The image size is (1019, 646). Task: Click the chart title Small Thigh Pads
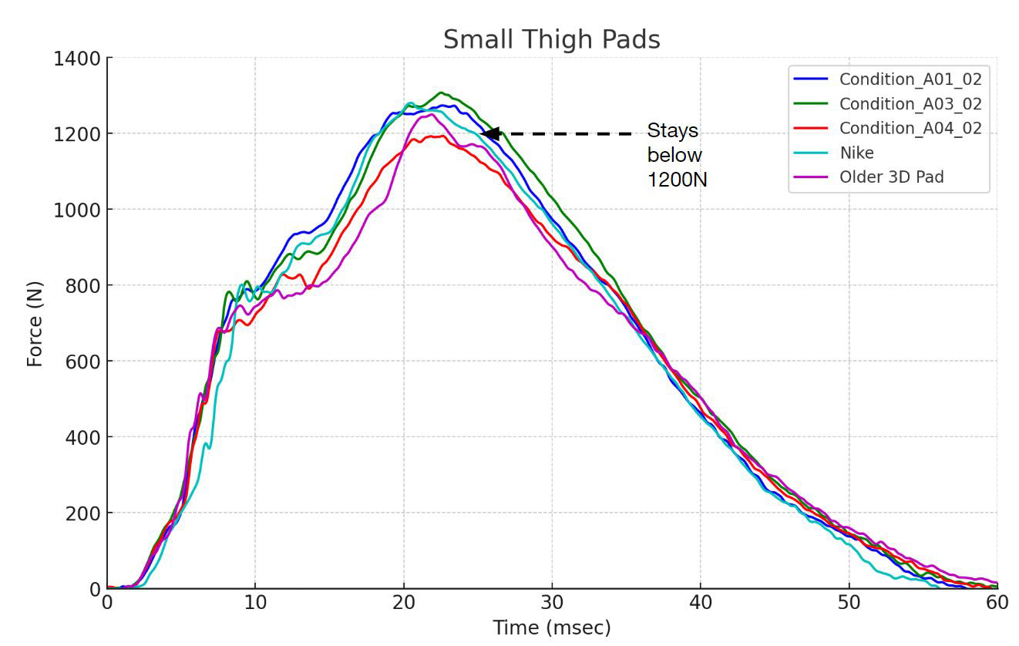551,39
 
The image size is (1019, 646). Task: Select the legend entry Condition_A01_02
910,79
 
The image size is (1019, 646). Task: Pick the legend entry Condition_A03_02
910,103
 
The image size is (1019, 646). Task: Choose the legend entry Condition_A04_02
910,128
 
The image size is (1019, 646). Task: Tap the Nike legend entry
856,153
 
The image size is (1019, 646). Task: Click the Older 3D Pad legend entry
891,177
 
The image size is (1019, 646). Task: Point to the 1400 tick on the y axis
77,59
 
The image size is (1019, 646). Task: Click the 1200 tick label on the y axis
77,134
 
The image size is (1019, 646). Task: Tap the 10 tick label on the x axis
255,603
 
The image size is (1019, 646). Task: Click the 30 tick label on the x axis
552,603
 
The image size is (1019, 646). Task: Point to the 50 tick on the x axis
849,603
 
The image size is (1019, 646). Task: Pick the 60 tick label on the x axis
997,603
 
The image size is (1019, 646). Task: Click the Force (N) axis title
35,324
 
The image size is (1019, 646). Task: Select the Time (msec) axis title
551,627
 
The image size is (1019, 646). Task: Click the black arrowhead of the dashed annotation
490,133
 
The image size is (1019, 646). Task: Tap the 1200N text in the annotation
677,180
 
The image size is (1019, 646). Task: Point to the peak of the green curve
440,93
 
